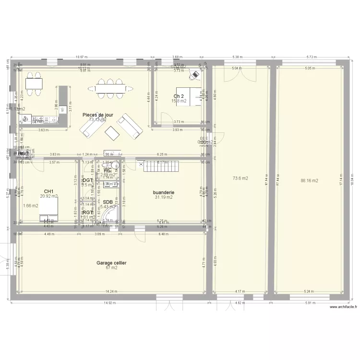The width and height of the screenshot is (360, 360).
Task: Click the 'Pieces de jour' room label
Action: (x=98, y=115)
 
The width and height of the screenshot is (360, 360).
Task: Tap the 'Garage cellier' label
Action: (x=111, y=263)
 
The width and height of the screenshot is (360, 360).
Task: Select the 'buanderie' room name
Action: (x=164, y=192)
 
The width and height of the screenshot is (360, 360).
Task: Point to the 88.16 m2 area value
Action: (x=310, y=181)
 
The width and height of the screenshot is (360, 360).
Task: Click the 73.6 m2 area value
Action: (x=240, y=179)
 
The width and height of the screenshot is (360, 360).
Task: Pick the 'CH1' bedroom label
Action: (x=48, y=191)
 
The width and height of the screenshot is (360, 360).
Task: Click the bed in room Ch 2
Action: (x=188, y=96)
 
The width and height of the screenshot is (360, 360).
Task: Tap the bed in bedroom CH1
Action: (x=49, y=210)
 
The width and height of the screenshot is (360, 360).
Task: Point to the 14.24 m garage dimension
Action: (x=111, y=291)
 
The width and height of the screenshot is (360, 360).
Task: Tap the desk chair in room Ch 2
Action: (x=195, y=74)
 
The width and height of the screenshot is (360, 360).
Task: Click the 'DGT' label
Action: (x=87, y=180)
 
